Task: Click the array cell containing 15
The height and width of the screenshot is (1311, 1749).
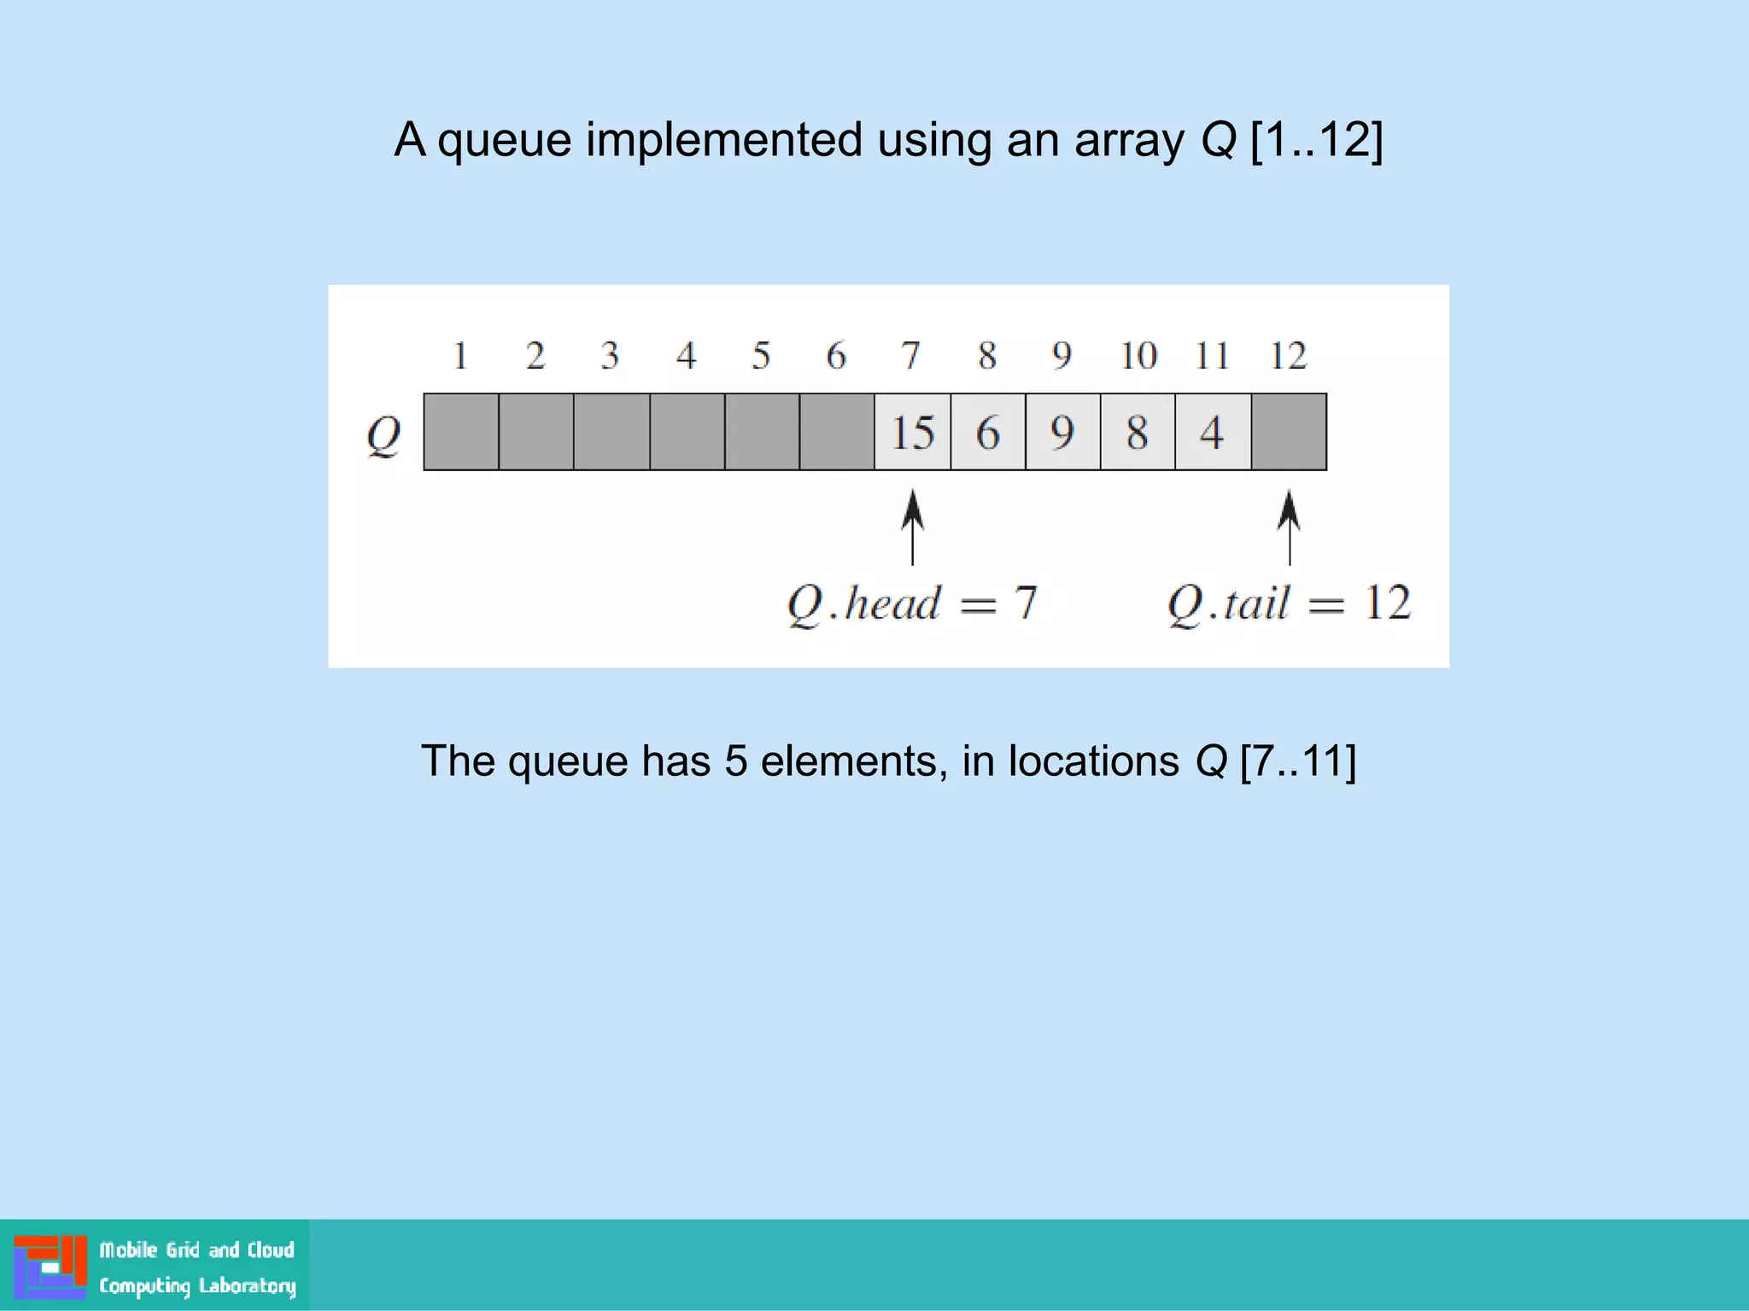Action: pyautogui.click(x=912, y=432)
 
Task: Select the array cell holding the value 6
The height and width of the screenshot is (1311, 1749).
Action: pyautogui.click(x=988, y=432)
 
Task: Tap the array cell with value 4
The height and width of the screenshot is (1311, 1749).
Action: pyautogui.click(x=1213, y=432)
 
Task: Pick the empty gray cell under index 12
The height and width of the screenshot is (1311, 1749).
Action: pyautogui.click(x=1289, y=432)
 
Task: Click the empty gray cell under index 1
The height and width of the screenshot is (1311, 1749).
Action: pyautogui.click(x=461, y=432)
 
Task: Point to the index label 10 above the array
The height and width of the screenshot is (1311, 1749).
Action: pyautogui.click(x=1138, y=355)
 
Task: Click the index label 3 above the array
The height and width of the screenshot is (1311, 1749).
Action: pyautogui.click(x=610, y=355)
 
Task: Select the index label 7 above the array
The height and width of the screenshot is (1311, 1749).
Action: pyautogui.click(x=911, y=355)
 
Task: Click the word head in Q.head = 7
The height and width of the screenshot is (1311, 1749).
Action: pyautogui.click(x=892, y=603)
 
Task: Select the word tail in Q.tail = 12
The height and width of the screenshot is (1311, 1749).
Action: pyautogui.click(x=1257, y=603)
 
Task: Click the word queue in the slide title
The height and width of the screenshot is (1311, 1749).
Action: pyautogui.click(x=504, y=140)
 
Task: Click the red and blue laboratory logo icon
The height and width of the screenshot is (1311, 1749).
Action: pyautogui.click(x=50, y=1267)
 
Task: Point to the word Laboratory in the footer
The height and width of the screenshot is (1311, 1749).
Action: pyautogui.click(x=248, y=1285)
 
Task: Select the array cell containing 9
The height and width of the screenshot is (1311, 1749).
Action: pyautogui.click(x=1062, y=432)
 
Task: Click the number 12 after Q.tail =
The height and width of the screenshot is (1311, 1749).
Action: pyautogui.click(x=1388, y=603)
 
